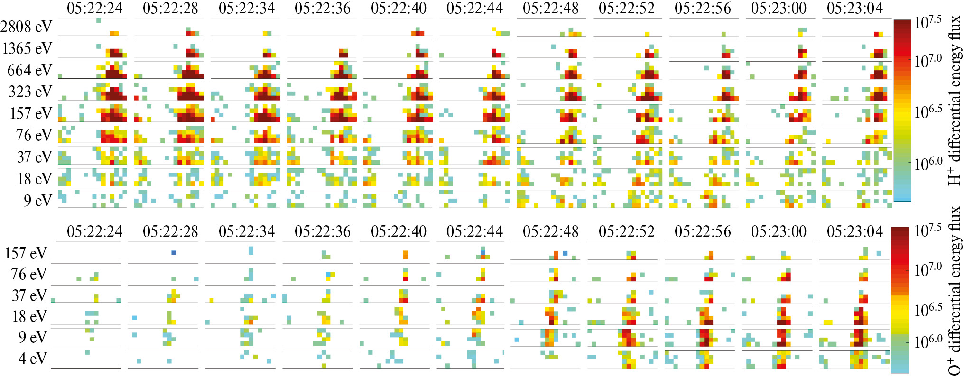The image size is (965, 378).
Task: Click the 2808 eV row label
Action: (x=26, y=27)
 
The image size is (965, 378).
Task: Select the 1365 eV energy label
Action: (x=27, y=48)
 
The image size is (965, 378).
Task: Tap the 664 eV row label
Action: (x=29, y=70)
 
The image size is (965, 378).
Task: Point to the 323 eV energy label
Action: (x=30, y=92)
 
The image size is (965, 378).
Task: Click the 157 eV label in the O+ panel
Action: (x=26, y=253)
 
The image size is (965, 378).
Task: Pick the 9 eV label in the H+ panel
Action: (x=37, y=201)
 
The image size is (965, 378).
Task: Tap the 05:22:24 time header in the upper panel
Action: (x=94, y=8)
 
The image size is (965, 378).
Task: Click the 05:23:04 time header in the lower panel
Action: (x=855, y=231)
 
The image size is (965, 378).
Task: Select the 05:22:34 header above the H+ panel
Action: (x=247, y=8)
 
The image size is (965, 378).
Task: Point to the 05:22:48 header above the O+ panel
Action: (x=550, y=231)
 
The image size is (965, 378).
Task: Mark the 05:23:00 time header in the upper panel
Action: (x=779, y=8)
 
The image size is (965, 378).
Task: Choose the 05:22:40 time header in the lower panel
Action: (x=399, y=231)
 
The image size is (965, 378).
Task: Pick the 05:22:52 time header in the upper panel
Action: (x=627, y=8)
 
